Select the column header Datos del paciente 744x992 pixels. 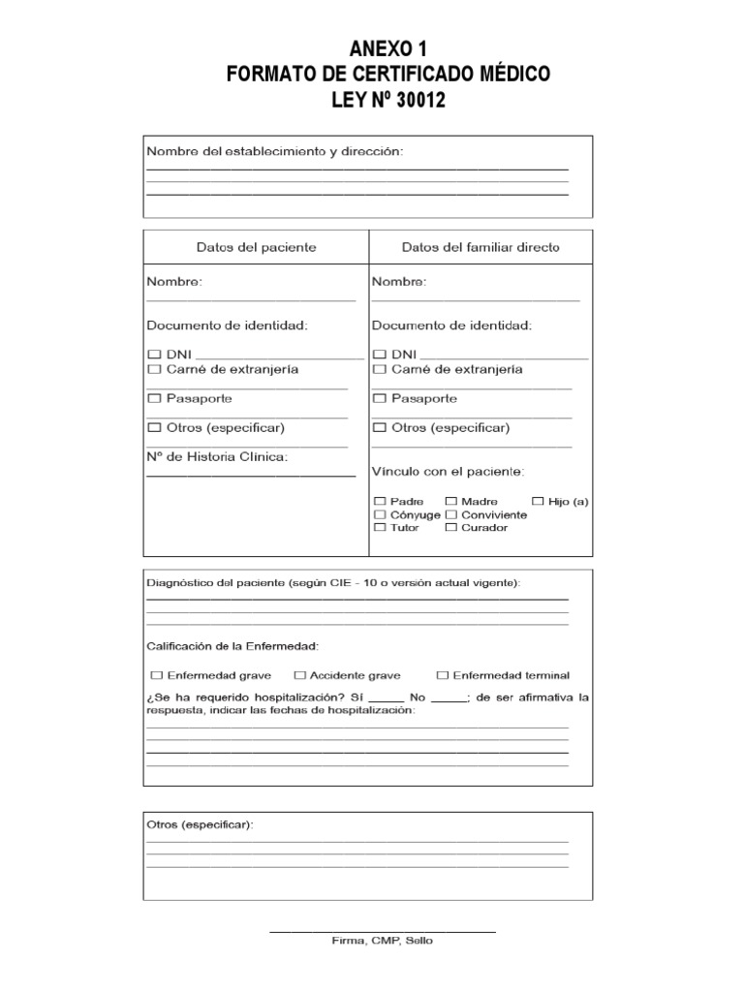click(256, 247)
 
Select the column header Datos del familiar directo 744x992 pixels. click(480, 247)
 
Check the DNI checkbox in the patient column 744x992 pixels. click(154, 355)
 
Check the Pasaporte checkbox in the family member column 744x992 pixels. click(380, 398)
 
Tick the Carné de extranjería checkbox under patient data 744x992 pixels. click(154, 369)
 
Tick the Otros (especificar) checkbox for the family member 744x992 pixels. click(380, 427)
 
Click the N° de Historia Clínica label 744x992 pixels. click(217, 456)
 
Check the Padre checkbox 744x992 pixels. click(380, 501)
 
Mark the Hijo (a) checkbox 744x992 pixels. click(539, 501)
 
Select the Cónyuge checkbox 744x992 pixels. click(380, 514)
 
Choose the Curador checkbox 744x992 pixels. click(450, 528)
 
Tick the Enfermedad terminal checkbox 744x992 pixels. click(443, 675)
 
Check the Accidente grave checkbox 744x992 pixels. click(300, 675)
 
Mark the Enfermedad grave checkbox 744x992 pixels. click(156, 675)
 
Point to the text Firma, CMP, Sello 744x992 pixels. click(383, 940)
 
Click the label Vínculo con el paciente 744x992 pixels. click(449, 472)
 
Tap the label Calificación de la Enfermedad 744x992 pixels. click(232, 645)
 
